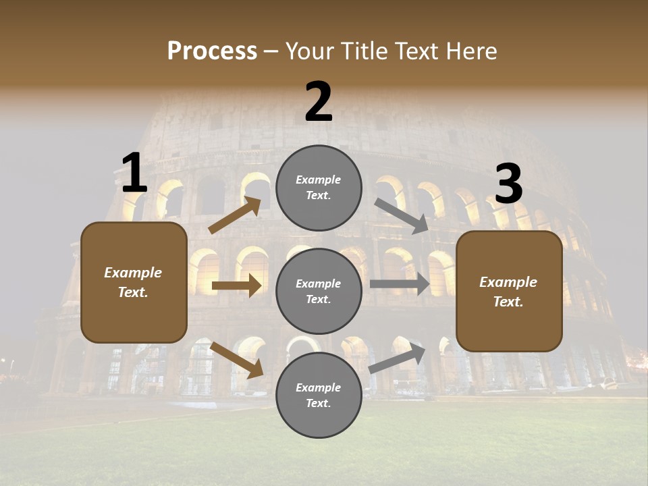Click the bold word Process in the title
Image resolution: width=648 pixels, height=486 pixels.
click(212, 51)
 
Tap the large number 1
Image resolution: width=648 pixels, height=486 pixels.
click(134, 173)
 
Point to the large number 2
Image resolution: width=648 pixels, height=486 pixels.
click(319, 102)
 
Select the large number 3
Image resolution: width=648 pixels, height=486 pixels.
click(508, 184)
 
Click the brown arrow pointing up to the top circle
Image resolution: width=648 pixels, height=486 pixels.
click(235, 215)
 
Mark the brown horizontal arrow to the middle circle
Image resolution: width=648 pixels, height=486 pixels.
click(236, 286)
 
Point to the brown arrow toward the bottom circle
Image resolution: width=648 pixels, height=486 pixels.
click(236, 359)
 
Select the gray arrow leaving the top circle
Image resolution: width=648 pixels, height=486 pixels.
click(402, 215)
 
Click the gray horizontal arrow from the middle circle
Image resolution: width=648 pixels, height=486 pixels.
click(400, 283)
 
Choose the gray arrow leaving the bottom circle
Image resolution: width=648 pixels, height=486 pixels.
click(398, 358)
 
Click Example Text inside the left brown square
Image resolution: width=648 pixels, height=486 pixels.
click(134, 282)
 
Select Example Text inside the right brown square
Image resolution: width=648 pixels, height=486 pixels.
click(508, 292)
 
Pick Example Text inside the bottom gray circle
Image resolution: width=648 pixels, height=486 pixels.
click(319, 396)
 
